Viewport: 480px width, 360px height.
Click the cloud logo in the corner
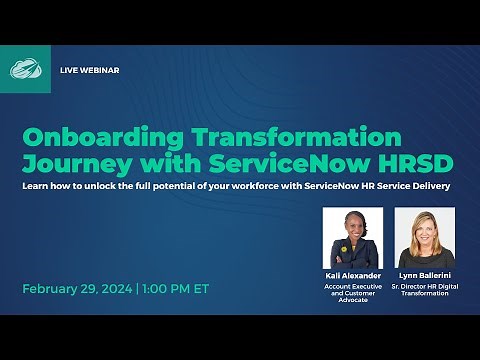[24, 69]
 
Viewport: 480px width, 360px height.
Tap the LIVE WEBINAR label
[89, 70]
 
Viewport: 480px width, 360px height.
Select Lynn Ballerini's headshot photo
[426, 238]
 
